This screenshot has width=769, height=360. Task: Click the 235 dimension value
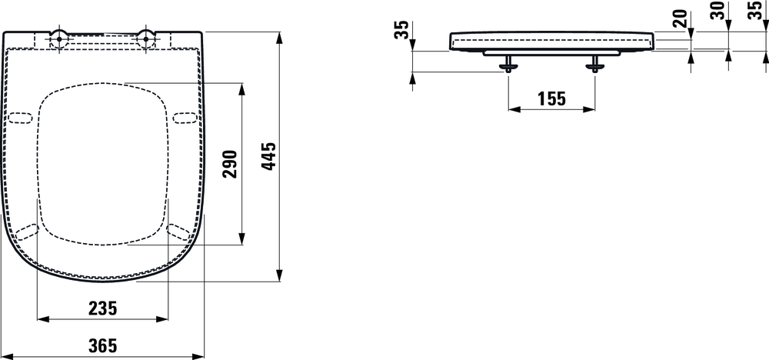tap(102, 308)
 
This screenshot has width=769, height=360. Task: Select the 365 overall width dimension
tap(102, 346)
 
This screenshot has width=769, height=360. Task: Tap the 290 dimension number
tap(230, 163)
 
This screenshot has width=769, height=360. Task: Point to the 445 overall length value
tap(268, 157)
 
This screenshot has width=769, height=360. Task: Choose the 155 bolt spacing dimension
tap(551, 98)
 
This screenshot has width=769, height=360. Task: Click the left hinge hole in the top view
tap(59, 35)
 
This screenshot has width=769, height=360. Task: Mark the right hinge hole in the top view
tap(145, 35)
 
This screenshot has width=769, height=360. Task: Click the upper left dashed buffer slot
tap(22, 117)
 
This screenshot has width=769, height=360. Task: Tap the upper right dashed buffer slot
tap(185, 117)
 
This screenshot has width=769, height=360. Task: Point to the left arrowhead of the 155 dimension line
tap(511, 109)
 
